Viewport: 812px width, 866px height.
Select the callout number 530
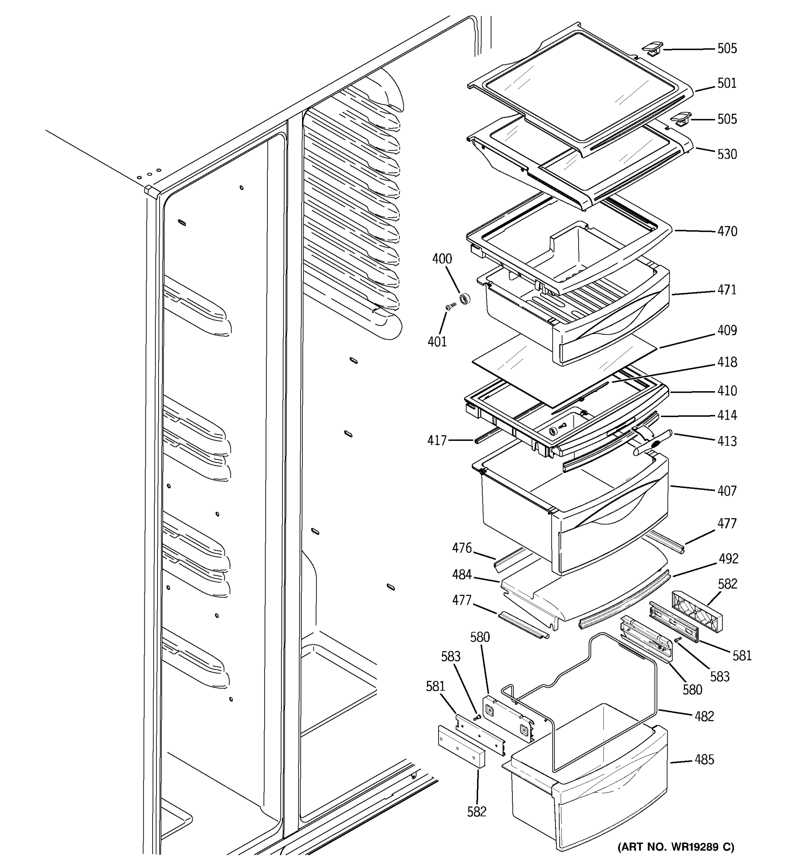pyautogui.click(x=727, y=154)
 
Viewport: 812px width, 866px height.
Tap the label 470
pyautogui.click(x=727, y=231)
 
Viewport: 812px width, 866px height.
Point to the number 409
pyautogui.click(x=727, y=331)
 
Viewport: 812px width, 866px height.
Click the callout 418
pyautogui.click(x=727, y=362)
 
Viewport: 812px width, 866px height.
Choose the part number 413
pyautogui.click(x=727, y=442)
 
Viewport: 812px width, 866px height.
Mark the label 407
pyautogui.click(x=727, y=491)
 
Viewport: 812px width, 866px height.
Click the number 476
pyautogui.click(x=462, y=548)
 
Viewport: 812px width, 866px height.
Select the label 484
pyautogui.click(x=462, y=575)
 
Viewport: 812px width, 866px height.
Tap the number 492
pyautogui.click(x=728, y=559)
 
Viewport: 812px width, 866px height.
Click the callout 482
pyautogui.click(x=704, y=717)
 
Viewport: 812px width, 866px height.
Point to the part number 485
pyautogui.click(x=704, y=760)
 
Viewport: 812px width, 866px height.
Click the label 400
pyautogui.click(x=442, y=259)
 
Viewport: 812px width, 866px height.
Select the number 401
pyautogui.click(x=437, y=342)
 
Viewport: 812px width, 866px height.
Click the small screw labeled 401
pyautogui.click(x=450, y=307)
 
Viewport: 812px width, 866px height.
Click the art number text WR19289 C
pyautogui.click(x=676, y=847)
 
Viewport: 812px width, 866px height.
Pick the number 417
pyautogui.click(x=437, y=441)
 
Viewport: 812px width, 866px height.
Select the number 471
pyautogui.click(x=727, y=290)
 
